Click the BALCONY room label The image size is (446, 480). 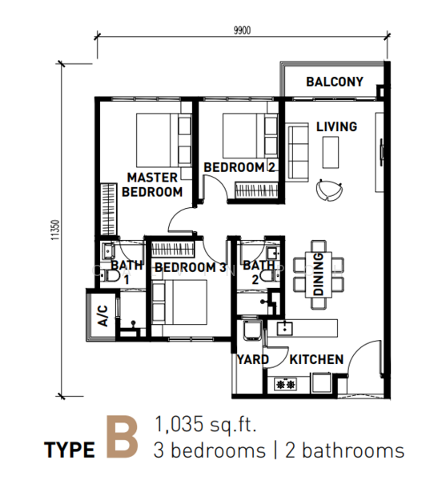coord(335,82)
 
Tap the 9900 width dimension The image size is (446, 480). coord(242,30)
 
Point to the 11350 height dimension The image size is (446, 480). coord(55,230)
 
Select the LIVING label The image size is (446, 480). coord(336,126)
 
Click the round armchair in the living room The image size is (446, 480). coord(329,190)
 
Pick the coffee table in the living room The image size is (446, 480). coord(331,153)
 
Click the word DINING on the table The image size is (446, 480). coord(319,274)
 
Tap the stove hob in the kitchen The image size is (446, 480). coord(286,383)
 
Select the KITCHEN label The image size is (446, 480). coord(316,360)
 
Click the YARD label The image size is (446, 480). coord(253,360)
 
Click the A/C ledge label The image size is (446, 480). coord(103,316)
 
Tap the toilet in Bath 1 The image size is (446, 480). coord(110,275)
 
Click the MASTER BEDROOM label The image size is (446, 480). coord(152,185)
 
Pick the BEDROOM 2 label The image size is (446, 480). coord(239,167)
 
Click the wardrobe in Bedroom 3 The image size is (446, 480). coord(173,250)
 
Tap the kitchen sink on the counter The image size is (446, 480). coord(285,328)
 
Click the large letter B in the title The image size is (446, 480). coord(122,437)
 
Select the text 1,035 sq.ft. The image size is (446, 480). coord(205,424)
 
